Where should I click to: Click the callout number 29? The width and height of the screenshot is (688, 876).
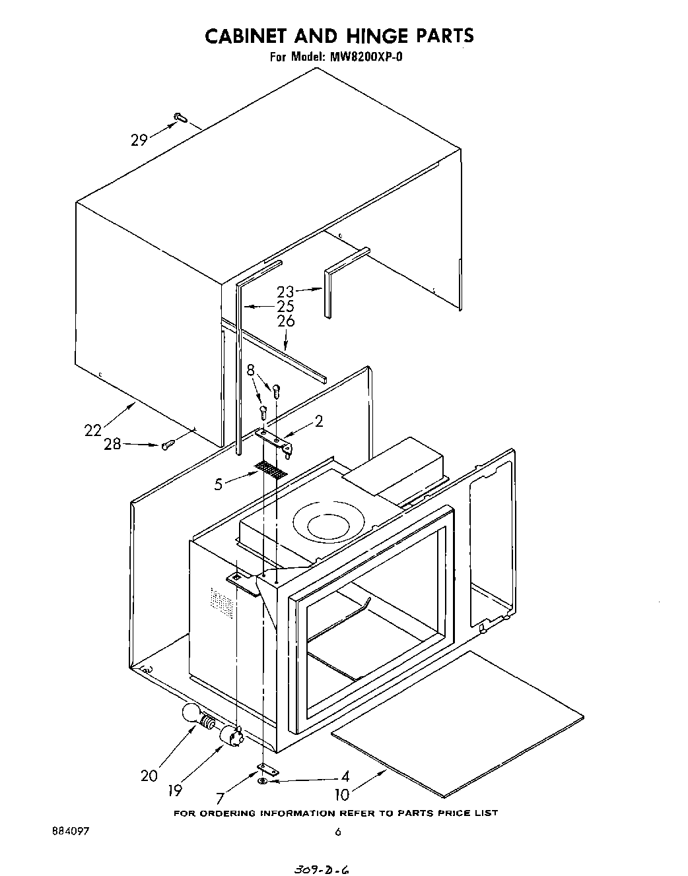[139, 140]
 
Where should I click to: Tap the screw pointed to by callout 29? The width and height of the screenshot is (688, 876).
[180, 118]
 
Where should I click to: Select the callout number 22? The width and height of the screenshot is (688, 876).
[93, 430]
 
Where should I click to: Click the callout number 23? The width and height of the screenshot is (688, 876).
[285, 291]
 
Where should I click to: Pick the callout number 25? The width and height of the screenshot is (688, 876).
[285, 306]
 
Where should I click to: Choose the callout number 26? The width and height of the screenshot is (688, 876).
[286, 321]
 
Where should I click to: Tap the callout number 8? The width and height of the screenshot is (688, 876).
[251, 370]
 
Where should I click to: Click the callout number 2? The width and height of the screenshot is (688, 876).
[319, 421]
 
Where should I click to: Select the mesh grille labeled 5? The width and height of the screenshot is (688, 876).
[271, 470]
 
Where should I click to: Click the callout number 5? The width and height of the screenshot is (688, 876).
[219, 485]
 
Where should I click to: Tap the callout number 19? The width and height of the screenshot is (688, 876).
[174, 789]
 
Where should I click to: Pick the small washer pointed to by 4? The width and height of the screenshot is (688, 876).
[263, 781]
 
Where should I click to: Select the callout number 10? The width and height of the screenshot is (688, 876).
[342, 795]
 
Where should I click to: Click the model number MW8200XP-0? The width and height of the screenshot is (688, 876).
[364, 57]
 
